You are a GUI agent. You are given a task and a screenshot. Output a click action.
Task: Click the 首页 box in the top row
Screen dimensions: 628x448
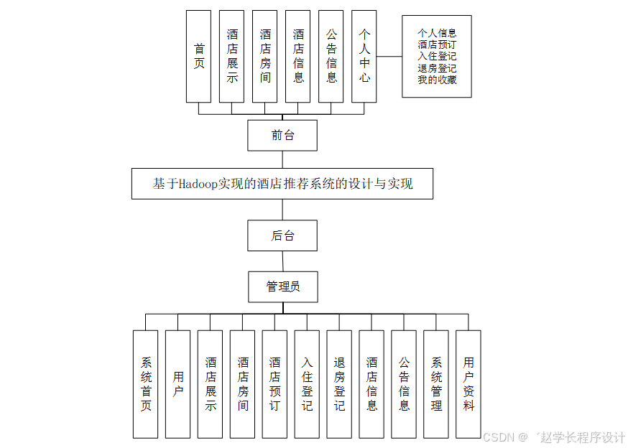(x=198, y=56)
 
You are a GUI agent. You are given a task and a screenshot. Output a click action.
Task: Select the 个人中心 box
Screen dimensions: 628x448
(x=364, y=56)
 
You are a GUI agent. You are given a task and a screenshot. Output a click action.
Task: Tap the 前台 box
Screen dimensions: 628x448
(x=282, y=135)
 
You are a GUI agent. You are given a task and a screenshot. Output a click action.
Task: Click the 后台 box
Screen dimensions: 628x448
(x=282, y=235)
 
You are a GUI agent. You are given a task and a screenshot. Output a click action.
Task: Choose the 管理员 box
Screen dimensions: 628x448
(x=282, y=286)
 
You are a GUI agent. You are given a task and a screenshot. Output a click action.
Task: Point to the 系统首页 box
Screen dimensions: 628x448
(x=146, y=384)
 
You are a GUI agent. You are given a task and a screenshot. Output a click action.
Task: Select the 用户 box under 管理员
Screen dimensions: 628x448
(x=178, y=384)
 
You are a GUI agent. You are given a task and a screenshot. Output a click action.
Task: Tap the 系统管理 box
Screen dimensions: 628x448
(x=436, y=384)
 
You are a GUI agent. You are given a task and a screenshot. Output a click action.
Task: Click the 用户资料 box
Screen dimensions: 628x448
(x=468, y=384)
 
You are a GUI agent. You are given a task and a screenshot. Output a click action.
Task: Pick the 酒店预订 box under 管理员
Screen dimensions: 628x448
(x=275, y=384)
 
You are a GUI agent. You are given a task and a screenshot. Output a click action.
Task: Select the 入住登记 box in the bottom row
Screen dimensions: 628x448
(x=307, y=384)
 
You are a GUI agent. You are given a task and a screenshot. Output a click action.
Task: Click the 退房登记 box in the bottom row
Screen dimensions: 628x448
(x=339, y=384)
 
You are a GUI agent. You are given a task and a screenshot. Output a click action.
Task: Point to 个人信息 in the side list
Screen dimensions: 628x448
(x=437, y=33)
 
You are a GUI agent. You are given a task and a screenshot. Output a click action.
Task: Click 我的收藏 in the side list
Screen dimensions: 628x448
(x=437, y=80)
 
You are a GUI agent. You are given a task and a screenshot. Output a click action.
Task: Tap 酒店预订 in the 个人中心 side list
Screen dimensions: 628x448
(x=437, y=45)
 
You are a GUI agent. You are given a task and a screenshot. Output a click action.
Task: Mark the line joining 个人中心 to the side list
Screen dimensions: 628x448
(x=389, y=56)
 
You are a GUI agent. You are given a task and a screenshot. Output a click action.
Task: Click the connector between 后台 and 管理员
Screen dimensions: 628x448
(x=282, y=261)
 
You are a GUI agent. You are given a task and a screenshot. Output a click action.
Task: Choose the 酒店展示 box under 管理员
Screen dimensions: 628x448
(x=211, y=384)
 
